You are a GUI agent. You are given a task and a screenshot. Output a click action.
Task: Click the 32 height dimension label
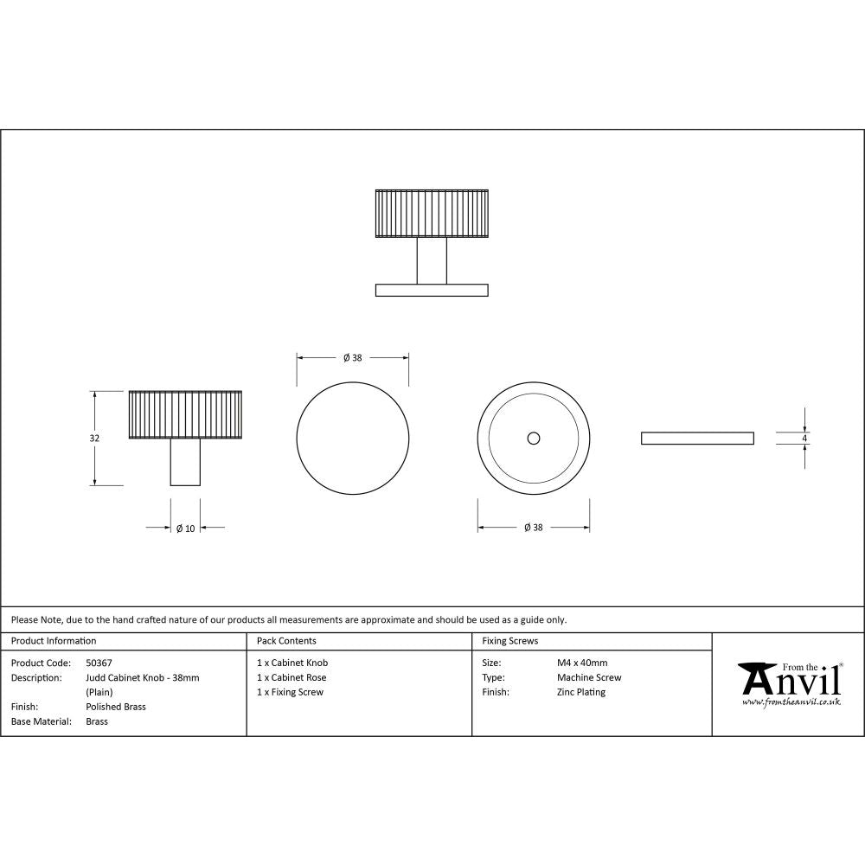tap(94, 439)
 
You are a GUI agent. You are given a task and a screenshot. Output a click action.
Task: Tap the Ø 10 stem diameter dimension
tap(185, 528)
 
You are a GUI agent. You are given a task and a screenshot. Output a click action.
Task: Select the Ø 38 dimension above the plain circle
tap(352, 358)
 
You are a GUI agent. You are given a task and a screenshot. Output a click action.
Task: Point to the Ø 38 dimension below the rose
tap(533, 528)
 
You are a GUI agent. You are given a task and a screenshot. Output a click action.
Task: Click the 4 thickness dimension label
tap(804, 439)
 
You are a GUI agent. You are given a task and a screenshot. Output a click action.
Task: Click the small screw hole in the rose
tap(534, 439)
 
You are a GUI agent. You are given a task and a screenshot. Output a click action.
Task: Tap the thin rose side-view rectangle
tap(696, 439)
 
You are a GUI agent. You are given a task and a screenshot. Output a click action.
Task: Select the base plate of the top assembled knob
tap(432, 290)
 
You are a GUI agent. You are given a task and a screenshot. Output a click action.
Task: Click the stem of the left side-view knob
tap(186, 464)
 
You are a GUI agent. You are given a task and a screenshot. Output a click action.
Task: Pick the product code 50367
tap(99, 663)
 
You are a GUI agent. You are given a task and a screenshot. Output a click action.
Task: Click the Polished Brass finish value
tap(116, 707)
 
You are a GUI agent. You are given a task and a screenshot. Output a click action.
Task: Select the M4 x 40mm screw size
tap(582, 663)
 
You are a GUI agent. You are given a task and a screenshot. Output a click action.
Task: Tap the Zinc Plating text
tap(581, 692)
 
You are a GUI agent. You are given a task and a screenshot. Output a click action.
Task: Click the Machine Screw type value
tap(589, 677)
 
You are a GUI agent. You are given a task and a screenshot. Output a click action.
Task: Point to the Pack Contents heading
tap(286, 641)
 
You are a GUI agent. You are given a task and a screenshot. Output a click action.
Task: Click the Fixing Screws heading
tap(509, 641)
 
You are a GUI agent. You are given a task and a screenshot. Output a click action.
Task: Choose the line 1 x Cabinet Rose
tap(292, 677)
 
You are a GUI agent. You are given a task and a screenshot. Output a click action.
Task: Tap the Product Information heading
tap(54, 641)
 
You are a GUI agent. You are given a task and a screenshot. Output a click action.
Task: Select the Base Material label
tap(41, 721)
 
